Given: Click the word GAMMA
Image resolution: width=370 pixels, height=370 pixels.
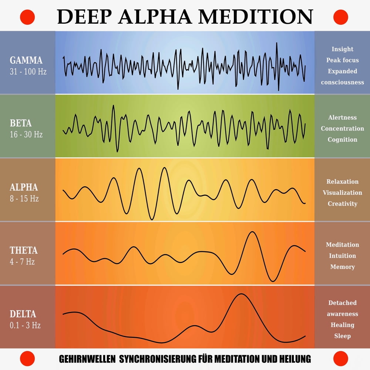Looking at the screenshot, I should (x=26, y=60).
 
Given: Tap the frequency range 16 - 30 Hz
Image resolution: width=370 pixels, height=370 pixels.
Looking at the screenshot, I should (x=26, y=135).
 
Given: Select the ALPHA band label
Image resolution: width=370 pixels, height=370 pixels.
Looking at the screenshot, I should (x=24, y=187).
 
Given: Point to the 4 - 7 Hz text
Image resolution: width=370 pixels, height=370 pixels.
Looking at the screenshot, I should (x=22, y=262).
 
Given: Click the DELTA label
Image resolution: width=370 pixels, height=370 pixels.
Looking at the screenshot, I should (x=23, y=314).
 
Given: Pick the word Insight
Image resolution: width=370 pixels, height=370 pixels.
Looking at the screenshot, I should (x=342, y=49).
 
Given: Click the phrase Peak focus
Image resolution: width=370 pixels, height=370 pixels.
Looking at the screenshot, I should (x=342, y=60).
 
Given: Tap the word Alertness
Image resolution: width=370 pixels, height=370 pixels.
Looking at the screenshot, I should (x=342, y=118).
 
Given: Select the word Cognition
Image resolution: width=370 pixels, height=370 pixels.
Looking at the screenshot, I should (x=342, y=140).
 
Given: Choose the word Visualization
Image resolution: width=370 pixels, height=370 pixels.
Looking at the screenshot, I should (x=342, y=193).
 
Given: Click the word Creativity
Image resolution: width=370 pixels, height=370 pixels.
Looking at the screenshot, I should (x=342, y=204).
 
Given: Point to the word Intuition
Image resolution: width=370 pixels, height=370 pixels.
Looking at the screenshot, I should (x=342, y=256).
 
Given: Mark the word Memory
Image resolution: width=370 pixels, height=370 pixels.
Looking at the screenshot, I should (x=342, y=267).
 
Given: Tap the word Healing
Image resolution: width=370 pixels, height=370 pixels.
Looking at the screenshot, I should (x=342, y=325).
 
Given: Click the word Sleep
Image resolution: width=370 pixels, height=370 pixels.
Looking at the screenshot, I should (x=342, y=336).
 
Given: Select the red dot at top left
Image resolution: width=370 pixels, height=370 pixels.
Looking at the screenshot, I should (x=27, y=17).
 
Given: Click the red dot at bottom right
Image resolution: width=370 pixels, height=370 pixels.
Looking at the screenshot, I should (x=341, y=359).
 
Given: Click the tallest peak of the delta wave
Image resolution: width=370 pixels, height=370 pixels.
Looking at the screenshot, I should (x=242, y=295).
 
